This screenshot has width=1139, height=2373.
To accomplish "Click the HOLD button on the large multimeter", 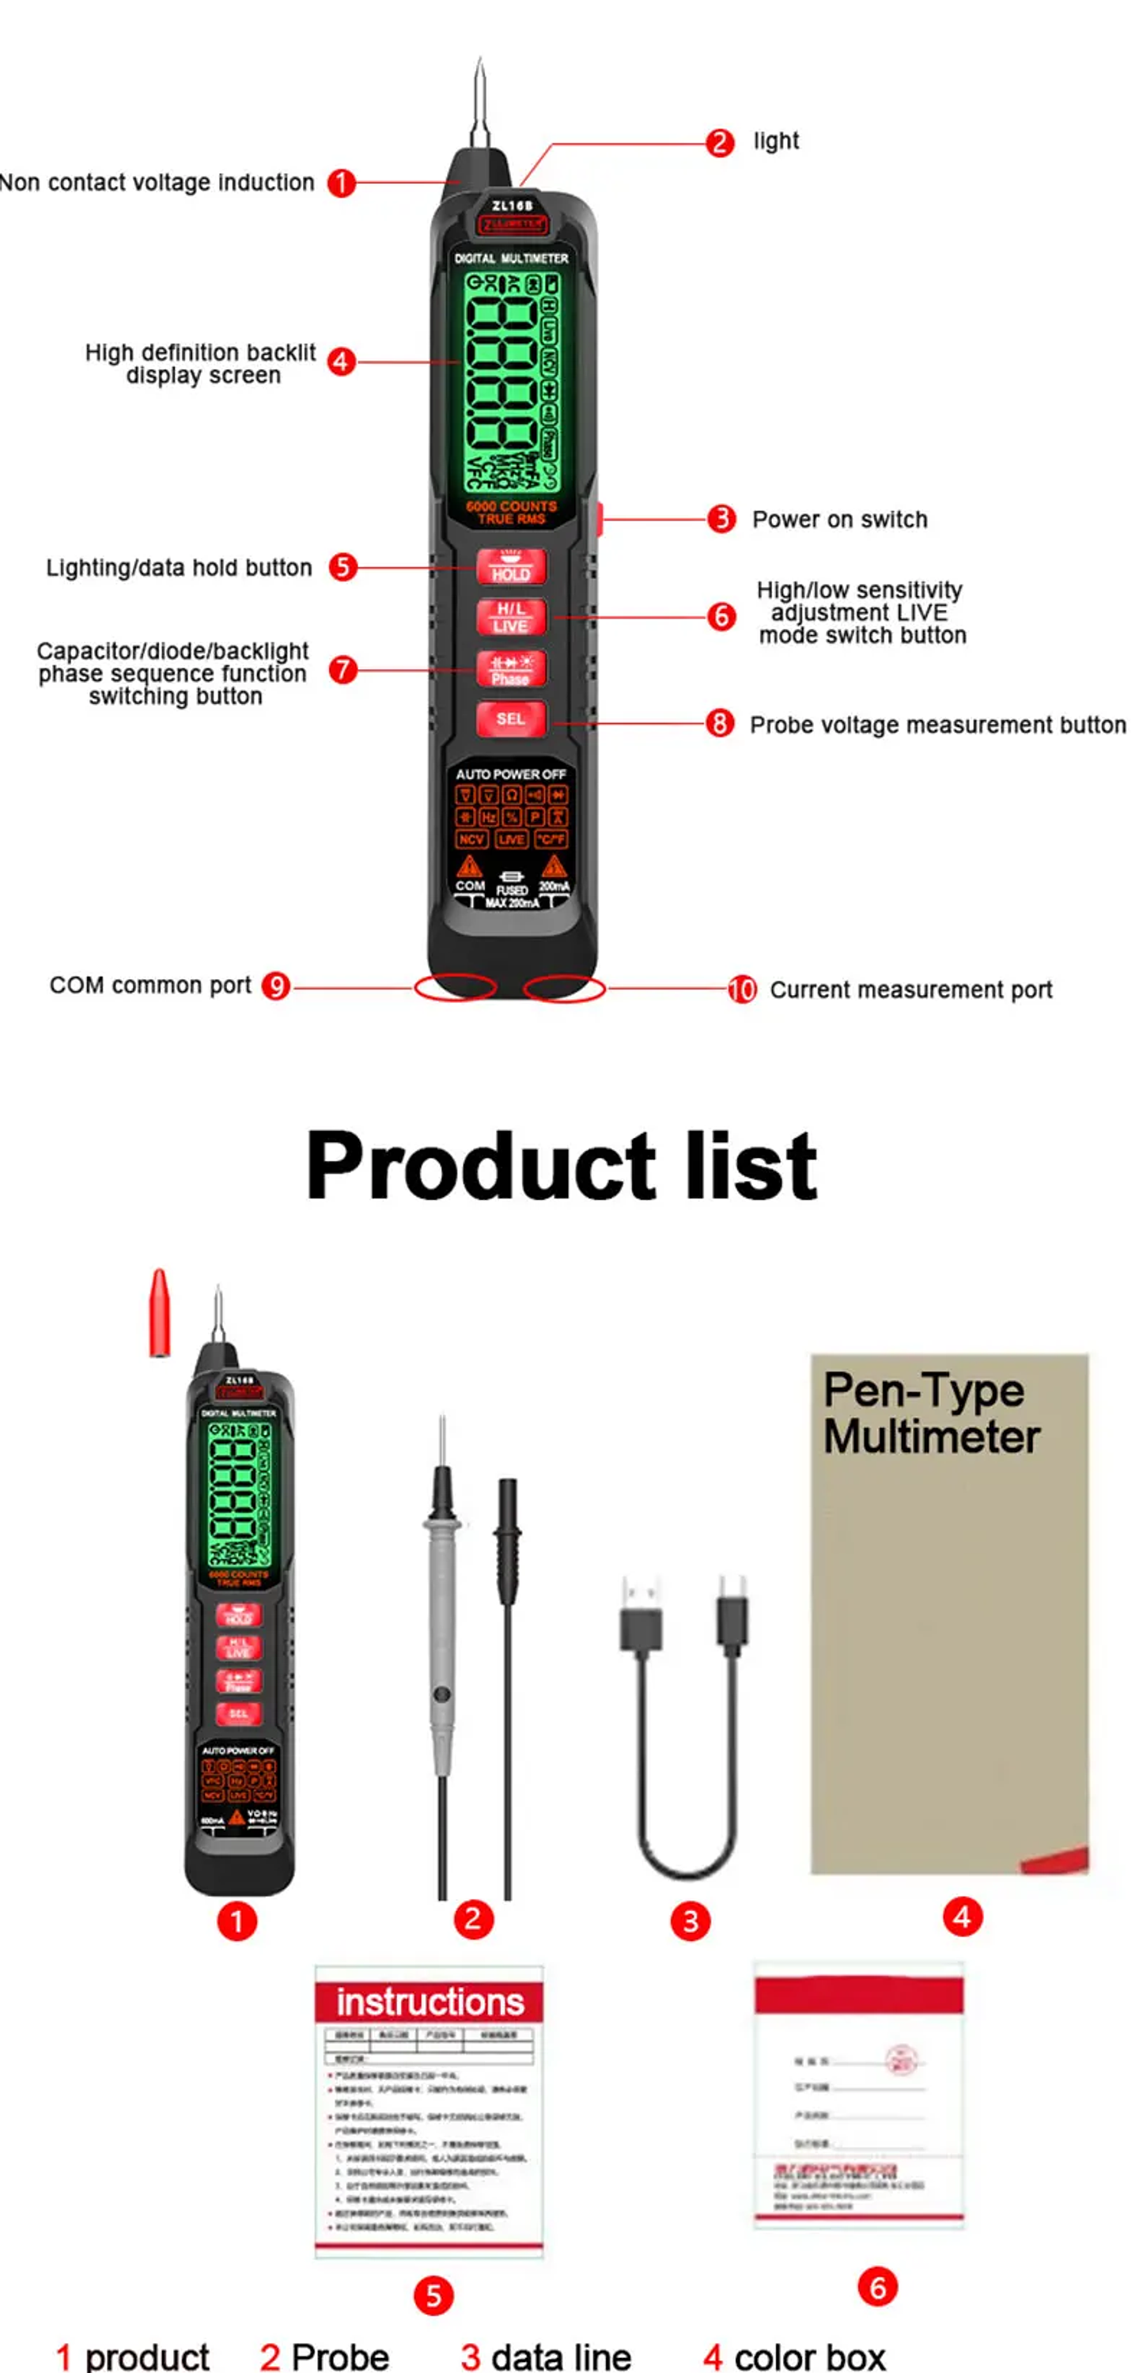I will pyautogui.click(x=510, y=566).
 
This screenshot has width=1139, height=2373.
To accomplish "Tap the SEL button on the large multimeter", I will pyautogui.click(x=510, y=718).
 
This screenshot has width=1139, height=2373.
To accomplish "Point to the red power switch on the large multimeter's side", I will pyautogui.click(x=598, y=519).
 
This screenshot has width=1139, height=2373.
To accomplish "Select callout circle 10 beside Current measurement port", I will pyautogui.click(x=742, y=990).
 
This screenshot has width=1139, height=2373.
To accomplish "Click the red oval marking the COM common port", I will pyautogui.click(x=456, y=986).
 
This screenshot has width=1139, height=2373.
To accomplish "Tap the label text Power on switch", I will pyautogui.click(x=839, y=520).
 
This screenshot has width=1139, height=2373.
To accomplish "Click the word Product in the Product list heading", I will pyautogui.click(x=479, y=1165).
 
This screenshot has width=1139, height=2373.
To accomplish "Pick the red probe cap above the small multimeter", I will pyautogui.click(x=160, y=1313).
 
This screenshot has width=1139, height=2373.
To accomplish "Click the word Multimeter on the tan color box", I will pyautogui.click(x=932, y=1437).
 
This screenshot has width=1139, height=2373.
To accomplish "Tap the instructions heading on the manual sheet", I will pyautogui.click(x=429, y=2002).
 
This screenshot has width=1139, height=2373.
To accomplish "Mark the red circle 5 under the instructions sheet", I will pyautogui.click(x=433, y=2295).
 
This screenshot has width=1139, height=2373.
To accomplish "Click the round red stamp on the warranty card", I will pyautogui.click(x=900, y=2060).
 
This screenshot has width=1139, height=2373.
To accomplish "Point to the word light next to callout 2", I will pyautogui.click(x=776, y=141).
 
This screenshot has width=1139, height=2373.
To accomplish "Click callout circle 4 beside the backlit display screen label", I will pyautogui.click(x=341, y=361).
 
